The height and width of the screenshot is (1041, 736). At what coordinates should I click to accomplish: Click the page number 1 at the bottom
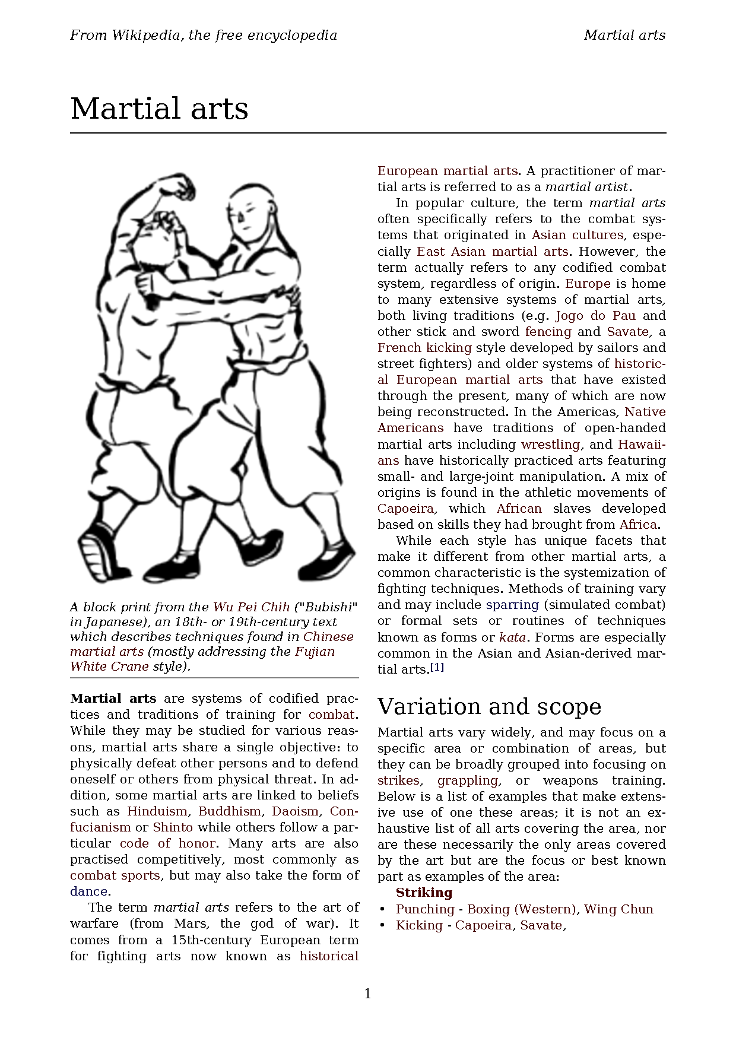(367, 994)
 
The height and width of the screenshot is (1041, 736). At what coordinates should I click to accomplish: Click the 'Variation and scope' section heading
(489, 706)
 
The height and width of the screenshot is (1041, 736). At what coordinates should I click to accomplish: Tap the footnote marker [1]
(437, 667)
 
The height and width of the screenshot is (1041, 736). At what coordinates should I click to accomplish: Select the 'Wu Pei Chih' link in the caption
(251, 607)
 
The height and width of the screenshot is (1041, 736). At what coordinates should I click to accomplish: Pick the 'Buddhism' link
(230, 811)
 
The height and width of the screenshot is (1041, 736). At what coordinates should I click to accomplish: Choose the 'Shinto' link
(173, 827)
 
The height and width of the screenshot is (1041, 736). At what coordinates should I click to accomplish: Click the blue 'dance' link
(88, 891)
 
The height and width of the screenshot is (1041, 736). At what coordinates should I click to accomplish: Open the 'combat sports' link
(115, 875)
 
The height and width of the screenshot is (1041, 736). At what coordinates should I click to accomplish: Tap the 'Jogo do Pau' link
(595, 316)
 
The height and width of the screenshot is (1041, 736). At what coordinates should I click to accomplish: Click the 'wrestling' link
(550, 445)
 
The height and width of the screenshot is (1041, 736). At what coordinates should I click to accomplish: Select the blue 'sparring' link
(512, 605)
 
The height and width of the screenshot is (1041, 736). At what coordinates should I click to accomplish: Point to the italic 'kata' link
(512, 637)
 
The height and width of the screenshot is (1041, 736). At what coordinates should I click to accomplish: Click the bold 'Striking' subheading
(424, 893)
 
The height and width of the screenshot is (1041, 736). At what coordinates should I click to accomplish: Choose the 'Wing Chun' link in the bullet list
(618, 909)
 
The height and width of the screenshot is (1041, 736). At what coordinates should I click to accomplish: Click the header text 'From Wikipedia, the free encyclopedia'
(204, 35)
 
